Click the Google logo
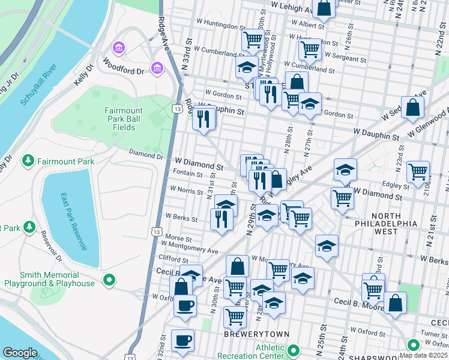coord(20,353)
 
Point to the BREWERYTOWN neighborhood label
coord(257,334)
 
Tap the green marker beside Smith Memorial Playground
coord(109,279)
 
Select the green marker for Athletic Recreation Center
coord(293,350)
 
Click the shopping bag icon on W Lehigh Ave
coord(324,8)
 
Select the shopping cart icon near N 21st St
coord(418,171)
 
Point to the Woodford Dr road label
coord(123,66)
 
